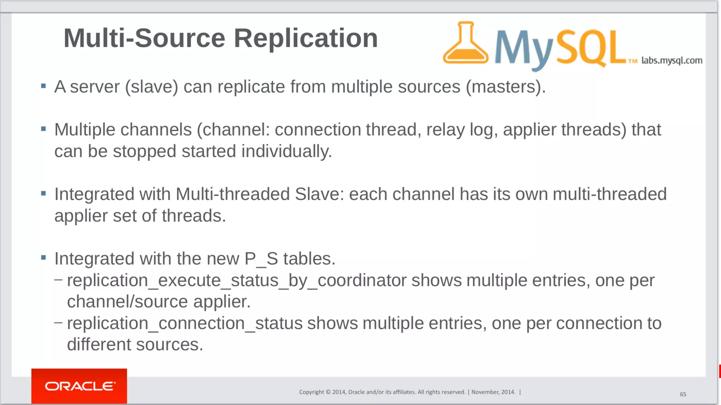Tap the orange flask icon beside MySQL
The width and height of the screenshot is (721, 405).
(465, 44)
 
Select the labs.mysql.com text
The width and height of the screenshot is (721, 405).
(671, 60)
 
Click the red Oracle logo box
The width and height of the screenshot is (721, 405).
(79, 386)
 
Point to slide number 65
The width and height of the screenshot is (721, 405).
(683, 394)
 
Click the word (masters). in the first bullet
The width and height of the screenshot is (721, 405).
(506, 87)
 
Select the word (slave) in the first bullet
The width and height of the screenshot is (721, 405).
(152, 87)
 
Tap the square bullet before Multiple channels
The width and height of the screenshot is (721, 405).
(43, 129)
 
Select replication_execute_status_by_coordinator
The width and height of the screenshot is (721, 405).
(237, 281)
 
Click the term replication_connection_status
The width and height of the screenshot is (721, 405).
(184, 323)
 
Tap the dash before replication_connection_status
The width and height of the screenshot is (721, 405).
(58, 322)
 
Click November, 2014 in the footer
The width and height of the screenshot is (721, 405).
(493, 392)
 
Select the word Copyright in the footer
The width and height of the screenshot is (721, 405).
(311, 392)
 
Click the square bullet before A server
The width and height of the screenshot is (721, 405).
(43, 86)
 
